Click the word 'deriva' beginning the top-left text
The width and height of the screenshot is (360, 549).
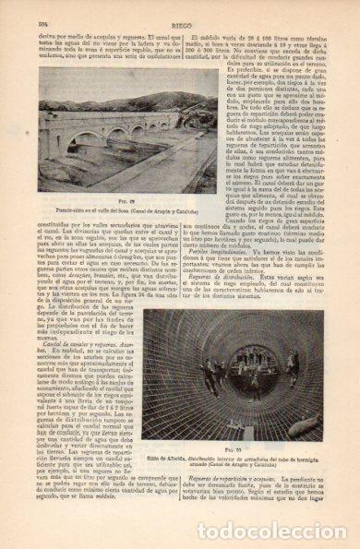(x=46, y=29)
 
